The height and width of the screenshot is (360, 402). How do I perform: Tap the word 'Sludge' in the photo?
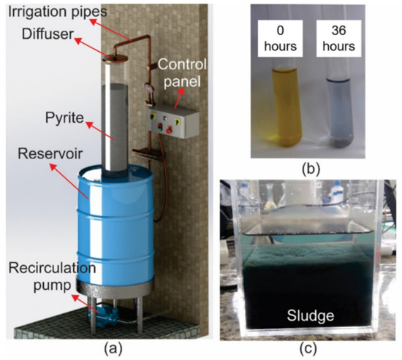[308, 318]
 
